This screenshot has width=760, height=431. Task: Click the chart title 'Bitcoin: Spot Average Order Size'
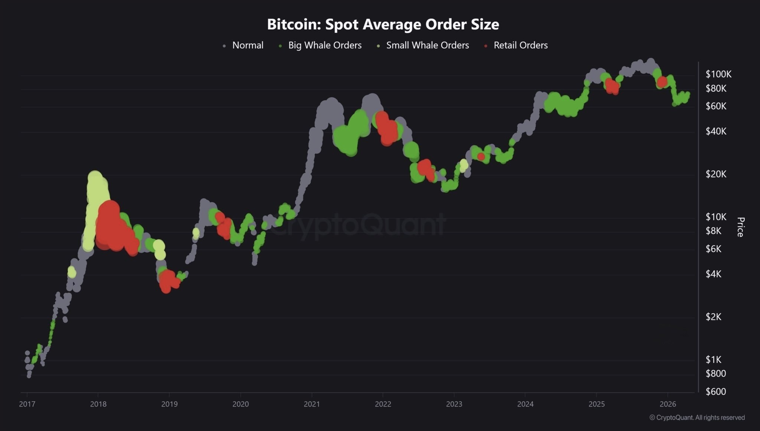(x=383, y=25)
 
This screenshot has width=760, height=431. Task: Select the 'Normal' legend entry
(x=248, y=45)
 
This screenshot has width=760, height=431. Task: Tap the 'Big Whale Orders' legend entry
(x=325, y=45)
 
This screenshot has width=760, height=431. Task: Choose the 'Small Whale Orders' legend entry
(x=427, y=45)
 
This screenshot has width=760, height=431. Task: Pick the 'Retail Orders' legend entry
(x=520, y=45)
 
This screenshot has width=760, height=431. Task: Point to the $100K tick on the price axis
(x=718, y=74)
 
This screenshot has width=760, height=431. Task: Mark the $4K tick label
(x=714, y=274)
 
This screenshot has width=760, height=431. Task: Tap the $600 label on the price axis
(x=715, y=392)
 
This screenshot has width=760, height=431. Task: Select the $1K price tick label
(x=713, y=359)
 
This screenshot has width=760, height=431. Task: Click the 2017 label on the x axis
(x=27, y=404)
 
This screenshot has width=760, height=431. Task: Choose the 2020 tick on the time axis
(x=240, y=404)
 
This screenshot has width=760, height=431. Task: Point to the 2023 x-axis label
(x=454, y=404)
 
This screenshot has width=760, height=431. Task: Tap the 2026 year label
(x=668, y=404)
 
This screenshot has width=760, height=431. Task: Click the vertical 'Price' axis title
(x=740, y=227)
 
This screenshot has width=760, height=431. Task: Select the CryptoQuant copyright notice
(x=697, y=418)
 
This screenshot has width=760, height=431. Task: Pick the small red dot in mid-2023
(x=481, y=157)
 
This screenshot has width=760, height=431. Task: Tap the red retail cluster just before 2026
(x=662, y=82)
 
